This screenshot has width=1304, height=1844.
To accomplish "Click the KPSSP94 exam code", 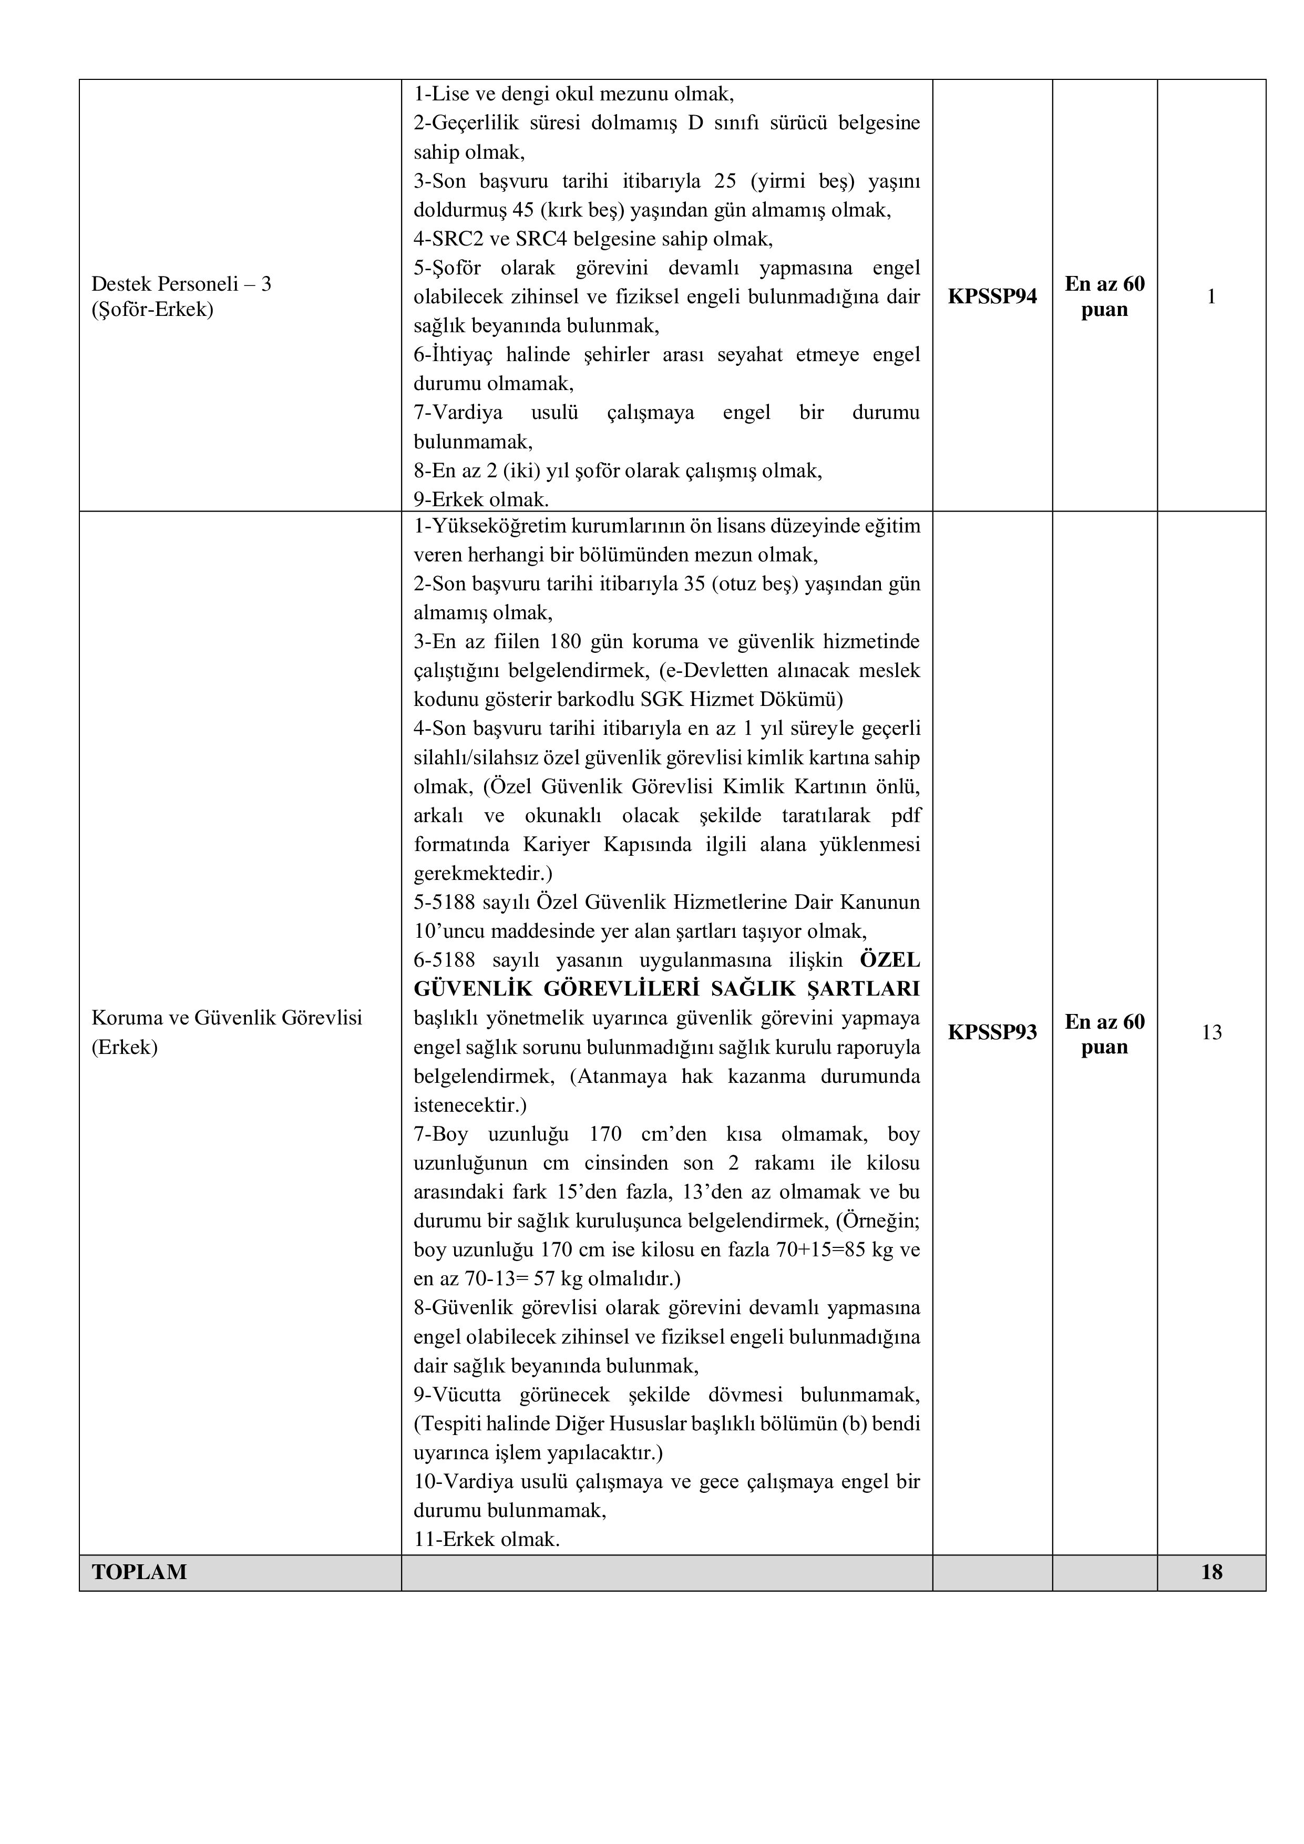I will [x=992, y=297].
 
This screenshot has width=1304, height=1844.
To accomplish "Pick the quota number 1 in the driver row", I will [x=1211, y=297].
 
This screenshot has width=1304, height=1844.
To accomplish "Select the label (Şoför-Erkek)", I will [x=152, y=310].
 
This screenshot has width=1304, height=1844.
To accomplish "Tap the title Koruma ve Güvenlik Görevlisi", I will [x=227, y=1018].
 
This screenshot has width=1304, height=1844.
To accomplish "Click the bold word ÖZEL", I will [x=890, y=960].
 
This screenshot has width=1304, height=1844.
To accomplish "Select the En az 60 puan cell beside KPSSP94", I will [x=1104, y=297].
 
